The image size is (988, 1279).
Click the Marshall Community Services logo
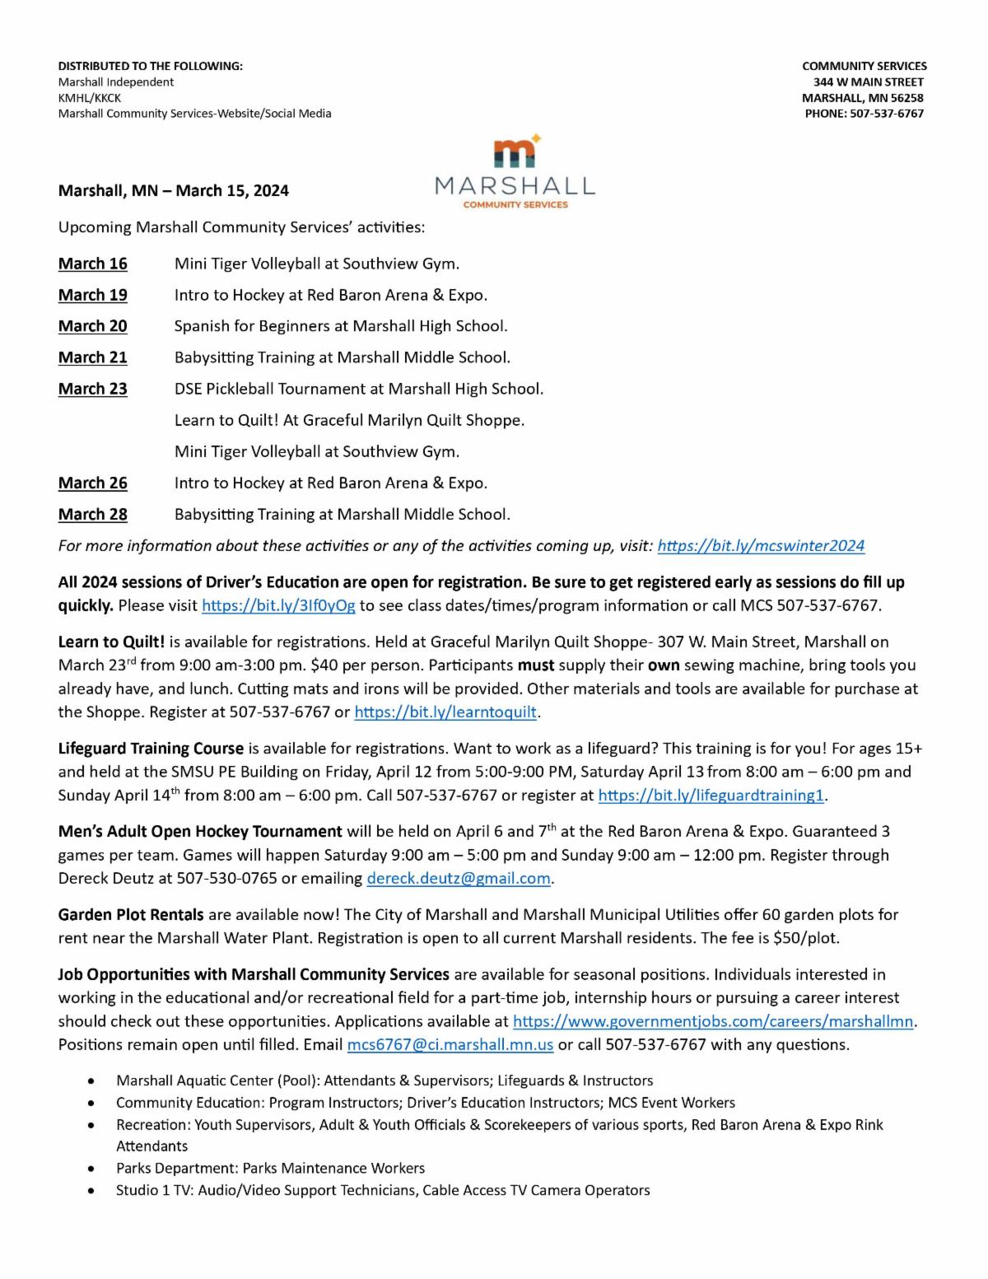point(515,172)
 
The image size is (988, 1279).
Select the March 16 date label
point(92,264)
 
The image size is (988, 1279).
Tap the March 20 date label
point(92,326)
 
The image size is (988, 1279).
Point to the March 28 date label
point(92,515)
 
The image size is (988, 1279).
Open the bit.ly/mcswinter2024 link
point(761,546)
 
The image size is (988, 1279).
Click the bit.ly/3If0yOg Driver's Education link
point(278,606)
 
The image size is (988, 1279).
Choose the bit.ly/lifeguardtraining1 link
point(711,796)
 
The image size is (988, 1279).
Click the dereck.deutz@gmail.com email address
point(459,879)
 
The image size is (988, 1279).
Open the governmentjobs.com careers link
point(713,1022)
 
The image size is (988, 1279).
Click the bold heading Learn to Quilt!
point(111,642)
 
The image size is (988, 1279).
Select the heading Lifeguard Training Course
point(151,749)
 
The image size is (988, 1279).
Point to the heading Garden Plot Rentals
point(131,915)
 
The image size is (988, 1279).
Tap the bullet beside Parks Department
point(100,1169)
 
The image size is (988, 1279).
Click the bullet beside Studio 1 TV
point(100,1191)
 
